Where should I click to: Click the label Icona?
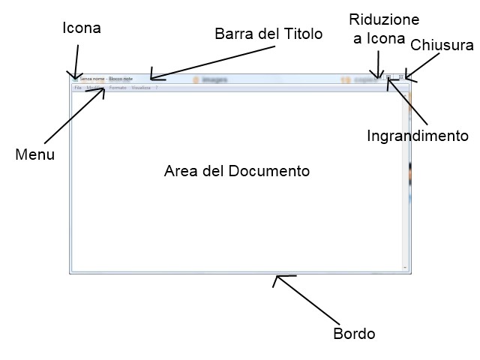point(81,28)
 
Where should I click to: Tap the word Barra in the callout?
point(232,34)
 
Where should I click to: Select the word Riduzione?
point(385,19)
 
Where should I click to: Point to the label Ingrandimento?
point(418,136)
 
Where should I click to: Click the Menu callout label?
point(34,154)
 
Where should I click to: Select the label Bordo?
point(354,334)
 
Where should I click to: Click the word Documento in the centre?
point(269,171)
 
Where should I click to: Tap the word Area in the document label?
point(181,171)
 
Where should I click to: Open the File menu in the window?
point(78,88)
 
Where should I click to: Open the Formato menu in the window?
point(118,88)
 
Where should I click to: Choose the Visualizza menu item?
point(141,88)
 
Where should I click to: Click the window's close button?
point(401,76)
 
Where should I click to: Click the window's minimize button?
point(377,76)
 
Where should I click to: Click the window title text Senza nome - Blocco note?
point(106,78)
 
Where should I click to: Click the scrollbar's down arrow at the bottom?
point(405,267)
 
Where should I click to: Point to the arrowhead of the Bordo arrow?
point(275,277)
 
